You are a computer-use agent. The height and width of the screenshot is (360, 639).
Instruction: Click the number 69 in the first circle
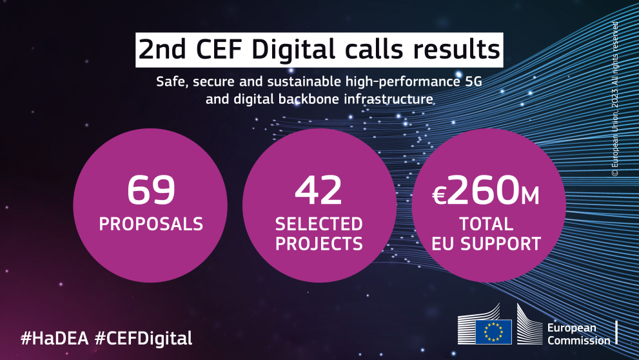point(151,190)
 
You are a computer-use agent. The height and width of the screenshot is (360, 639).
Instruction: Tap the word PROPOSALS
point(151,224)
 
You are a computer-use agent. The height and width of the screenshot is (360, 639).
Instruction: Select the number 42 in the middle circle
point(319,190)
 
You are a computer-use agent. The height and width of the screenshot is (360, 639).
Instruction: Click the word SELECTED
point(319,224)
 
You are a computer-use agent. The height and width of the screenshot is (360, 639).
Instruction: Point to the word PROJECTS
point(319,244)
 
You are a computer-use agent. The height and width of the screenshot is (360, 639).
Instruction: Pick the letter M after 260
point(529,195)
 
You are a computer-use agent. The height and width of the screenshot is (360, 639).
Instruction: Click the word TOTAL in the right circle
point(486,224)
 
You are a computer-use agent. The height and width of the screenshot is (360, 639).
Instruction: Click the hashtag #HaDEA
point(55,337)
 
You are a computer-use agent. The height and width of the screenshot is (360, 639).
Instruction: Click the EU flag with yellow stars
point(493,332)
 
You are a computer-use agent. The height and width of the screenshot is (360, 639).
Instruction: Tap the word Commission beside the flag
point(578,341)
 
